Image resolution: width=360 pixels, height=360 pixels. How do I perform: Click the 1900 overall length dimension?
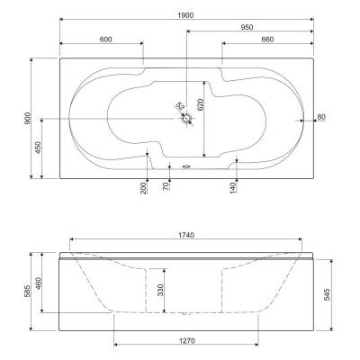pyautogui.click(x=186, y=15)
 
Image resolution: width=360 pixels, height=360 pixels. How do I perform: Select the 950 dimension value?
pyautogui.click(x=247, y=27)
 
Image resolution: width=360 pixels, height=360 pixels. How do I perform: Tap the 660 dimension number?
pyautogui.click(x=267, y=40)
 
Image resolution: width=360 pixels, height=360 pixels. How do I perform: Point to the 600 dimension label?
pyautogui.click(x=105, y=40)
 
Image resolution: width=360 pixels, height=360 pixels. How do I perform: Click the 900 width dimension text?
pyautogui.click(x=28, y=118)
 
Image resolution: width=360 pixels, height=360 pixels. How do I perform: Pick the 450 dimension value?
pyautogui.click(x=38, y=148)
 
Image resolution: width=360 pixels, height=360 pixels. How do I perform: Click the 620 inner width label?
pyautogui.click(x=201, y=104)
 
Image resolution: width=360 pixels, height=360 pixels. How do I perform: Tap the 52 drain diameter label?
pyautogui.click(x=180, y=106)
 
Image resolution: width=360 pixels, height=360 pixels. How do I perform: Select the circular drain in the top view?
pyautogui.click(x=186, y=118)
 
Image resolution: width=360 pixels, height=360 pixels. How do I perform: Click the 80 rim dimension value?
pyautogui.click(x=321, y=117)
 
